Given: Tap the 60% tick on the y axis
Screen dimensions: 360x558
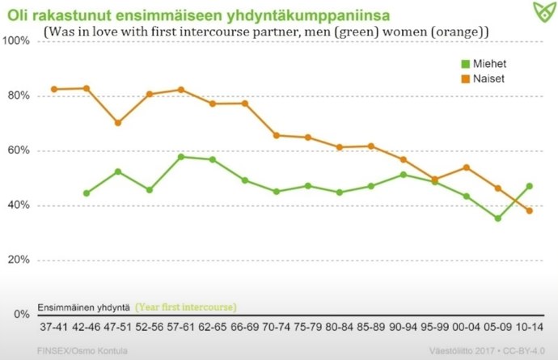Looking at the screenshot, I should [18, 150].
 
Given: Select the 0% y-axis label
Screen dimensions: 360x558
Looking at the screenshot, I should [20, 314].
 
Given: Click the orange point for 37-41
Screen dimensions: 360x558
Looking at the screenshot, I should [54, 89].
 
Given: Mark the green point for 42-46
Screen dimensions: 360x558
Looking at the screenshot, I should [86, 193].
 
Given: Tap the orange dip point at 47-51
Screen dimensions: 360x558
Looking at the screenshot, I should [118, 123].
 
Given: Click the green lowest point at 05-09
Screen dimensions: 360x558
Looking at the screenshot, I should [498, 218].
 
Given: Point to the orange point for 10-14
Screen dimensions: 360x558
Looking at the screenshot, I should [531, 210].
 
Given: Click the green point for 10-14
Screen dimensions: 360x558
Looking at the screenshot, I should [531, 186].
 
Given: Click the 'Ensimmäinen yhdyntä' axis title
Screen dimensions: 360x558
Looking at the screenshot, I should [84, 307].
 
